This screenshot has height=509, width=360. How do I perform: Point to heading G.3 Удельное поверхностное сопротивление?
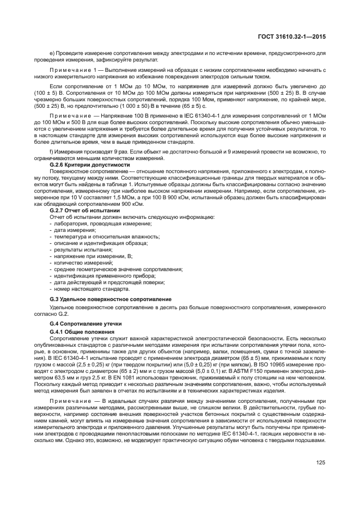(111, 299)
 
